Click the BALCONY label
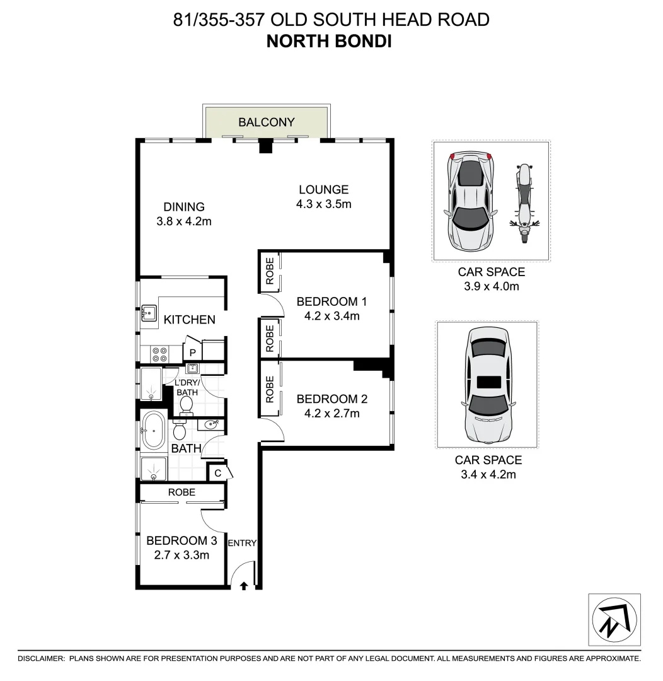click(x=267, y=122)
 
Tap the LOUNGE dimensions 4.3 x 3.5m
click(x=323, y=204)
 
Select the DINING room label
click(x=184, y=207)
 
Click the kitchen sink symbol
click(x=149, y=313)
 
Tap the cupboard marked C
click(x=218, y=472)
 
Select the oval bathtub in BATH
click(x=154, y=431)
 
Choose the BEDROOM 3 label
click(x=182, y=540)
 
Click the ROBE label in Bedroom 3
click(x=182, y=492)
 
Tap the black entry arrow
click(x=244, y=586)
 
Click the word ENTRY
click(x=242, y=543)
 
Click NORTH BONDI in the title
click(x=330, y=42)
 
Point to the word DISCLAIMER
click(x=41, y=658)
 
